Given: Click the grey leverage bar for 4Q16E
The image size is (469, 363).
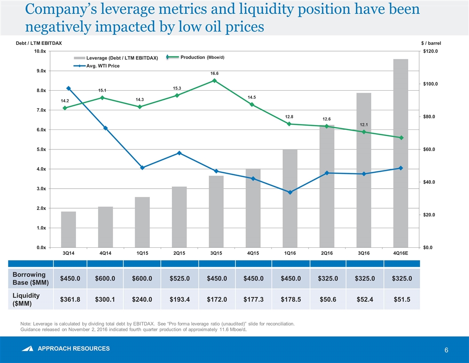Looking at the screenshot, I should tap(401, 153).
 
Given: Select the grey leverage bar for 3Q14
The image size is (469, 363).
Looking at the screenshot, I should tap(68, 229).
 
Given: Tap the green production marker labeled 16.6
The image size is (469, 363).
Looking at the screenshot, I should tap(215, 81).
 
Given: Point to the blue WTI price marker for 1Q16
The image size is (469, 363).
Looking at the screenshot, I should tap(290, 192).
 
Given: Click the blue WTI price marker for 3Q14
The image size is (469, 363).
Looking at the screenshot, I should tap(68, 88).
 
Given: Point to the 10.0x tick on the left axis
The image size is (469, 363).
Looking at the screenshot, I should tap(40, 51).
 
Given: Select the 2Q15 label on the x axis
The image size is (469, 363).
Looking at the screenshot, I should tap(179, 253).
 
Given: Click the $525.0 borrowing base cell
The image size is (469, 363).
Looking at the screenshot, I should tap(179, 278).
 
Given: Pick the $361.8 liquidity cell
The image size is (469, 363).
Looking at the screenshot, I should tap(70, 299).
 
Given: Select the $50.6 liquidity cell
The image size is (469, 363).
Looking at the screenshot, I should tap(327, 299).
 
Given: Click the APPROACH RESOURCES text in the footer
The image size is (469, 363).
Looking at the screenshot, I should tap(74, 348).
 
